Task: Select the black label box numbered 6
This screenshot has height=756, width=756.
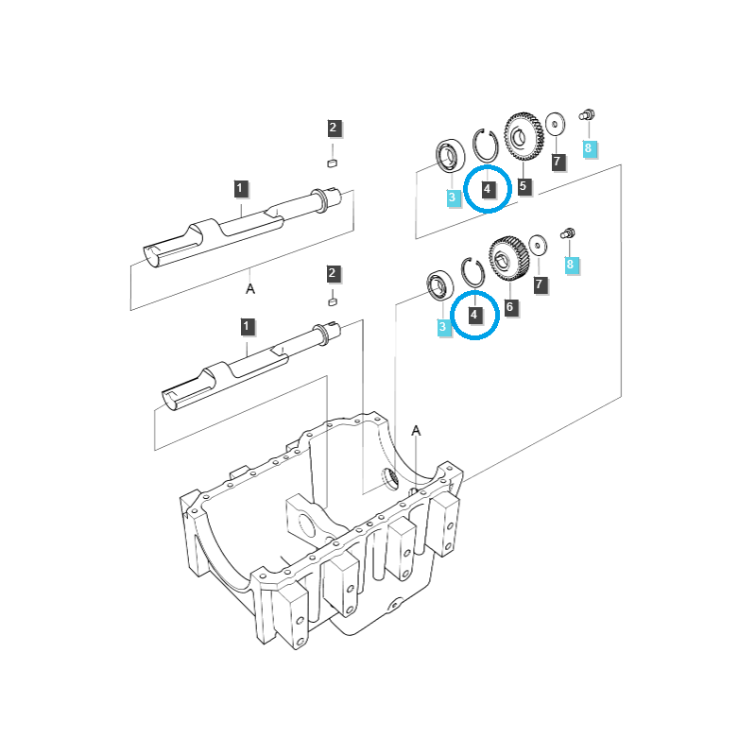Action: click(510, 307)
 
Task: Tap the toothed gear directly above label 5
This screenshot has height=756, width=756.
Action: click(523, 140)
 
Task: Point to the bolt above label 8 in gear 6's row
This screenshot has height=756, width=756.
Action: click(570, 233)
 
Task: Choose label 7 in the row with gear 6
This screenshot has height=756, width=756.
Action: click(539, 283)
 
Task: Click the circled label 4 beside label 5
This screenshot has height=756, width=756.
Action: click(487, 189)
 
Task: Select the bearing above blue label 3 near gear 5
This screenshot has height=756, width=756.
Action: click(447, 155)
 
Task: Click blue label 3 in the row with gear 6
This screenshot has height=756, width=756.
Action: click(442, 327)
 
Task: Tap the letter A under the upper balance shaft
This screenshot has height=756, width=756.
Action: click(250, 288)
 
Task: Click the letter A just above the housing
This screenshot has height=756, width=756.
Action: click(416, 431)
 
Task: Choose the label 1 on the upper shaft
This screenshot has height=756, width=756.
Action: click(241, 188)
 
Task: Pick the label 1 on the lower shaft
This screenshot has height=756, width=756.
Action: click(247, 327)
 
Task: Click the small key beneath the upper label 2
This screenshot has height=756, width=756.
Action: click(332, 163)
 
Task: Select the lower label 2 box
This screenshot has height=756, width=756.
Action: click(332, 274)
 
